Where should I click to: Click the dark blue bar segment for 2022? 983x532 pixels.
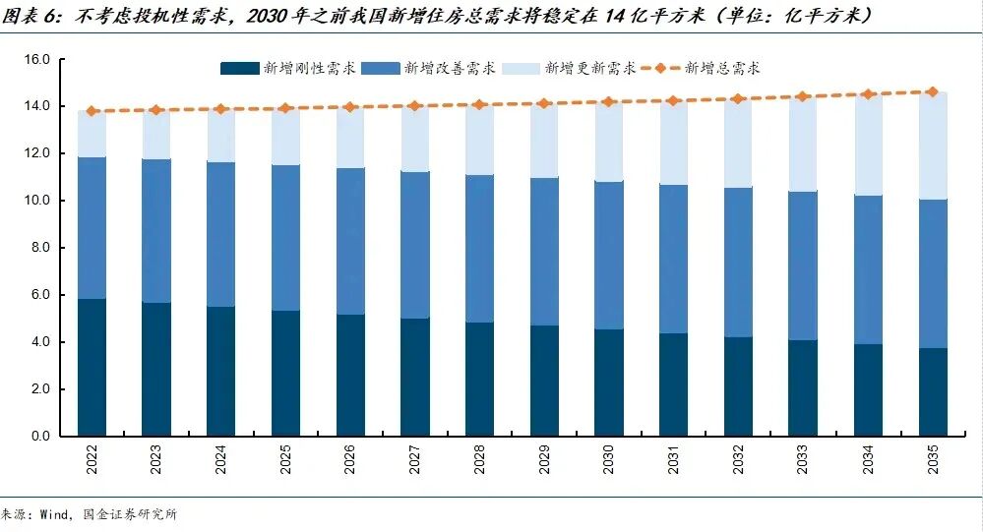click(x=92, y=367)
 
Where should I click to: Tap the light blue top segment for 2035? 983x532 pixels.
click(x=932, y=146)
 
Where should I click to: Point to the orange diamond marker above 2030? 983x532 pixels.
click(x=609, y=101)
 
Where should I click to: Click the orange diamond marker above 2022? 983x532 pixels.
click(x=92, y=111)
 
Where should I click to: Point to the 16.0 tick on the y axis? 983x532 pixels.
click(x=36, y=60)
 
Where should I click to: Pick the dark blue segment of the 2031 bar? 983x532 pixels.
click(x=673, y=384)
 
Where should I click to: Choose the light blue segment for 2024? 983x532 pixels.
click(x=220, y=135)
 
